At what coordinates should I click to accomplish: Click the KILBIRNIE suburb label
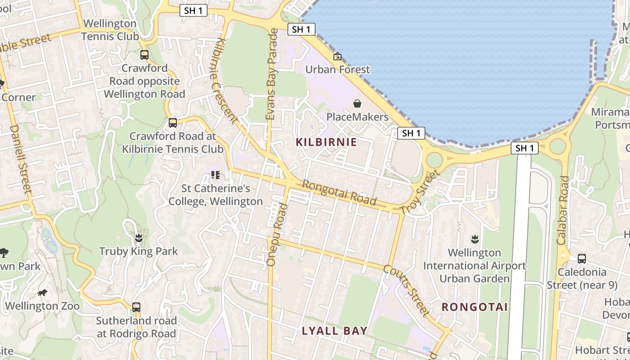click(x=326, y=142)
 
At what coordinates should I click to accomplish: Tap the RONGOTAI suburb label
click(x=474, y=307)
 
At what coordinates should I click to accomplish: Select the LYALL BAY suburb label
click(x=334, y=331)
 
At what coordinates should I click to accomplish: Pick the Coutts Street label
click(x=405, y=290)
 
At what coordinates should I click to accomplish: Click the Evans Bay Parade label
click(x=271, y=74)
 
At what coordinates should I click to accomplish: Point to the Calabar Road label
click(x=562, y=210)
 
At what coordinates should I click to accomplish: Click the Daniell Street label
click(x=20, y=159)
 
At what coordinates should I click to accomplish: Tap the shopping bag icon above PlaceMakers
click(x=357, y=104)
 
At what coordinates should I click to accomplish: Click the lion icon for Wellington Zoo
click(x=42, y=293)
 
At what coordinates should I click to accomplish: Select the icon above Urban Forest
click(x=337, y=57)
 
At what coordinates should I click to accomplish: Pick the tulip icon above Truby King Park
click(x=139, y=238)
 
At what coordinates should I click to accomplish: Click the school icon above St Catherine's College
click(x=215, y=175)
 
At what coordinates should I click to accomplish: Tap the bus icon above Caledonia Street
click(x=581, y=259)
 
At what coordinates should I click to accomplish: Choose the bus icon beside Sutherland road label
click(x=136, y=307)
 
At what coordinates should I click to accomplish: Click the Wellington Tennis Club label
click(x=110, y=30)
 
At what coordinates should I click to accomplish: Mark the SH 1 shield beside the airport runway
click(x=524, y=148)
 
